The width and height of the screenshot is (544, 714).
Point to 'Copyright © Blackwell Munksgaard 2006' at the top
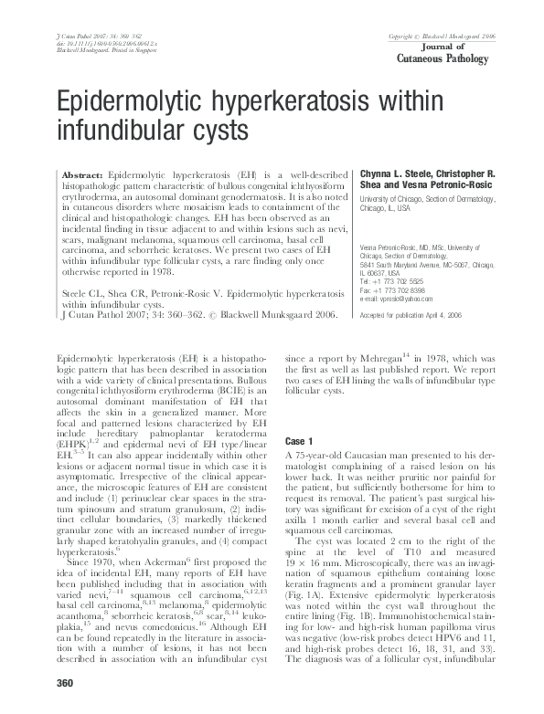[442, 36]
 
